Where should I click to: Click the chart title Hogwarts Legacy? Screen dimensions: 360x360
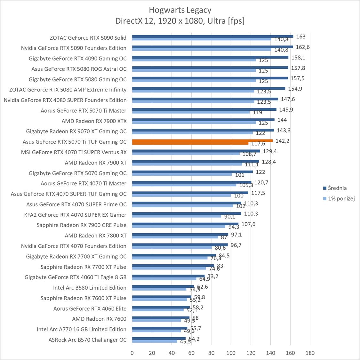180,10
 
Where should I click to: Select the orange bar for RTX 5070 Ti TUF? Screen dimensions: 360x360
202,140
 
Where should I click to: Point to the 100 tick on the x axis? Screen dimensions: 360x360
231,353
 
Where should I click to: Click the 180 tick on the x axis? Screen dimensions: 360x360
310,353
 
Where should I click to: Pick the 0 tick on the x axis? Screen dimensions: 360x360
132,353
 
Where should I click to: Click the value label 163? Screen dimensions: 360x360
301,37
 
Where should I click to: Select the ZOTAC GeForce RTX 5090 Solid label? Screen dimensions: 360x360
88,38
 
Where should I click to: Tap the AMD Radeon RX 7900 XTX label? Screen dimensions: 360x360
94,121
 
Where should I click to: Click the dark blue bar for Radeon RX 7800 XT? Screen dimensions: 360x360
180,234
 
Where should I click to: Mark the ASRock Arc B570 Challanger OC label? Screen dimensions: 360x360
87,340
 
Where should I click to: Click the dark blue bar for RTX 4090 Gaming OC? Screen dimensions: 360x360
210,57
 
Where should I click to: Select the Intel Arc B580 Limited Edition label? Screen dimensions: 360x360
90,288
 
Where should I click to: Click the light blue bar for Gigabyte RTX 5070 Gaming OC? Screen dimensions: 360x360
182,174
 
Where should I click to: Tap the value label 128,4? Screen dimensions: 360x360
269,162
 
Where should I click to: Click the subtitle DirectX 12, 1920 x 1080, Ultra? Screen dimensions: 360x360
180,21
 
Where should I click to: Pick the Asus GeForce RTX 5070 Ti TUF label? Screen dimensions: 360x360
75,142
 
